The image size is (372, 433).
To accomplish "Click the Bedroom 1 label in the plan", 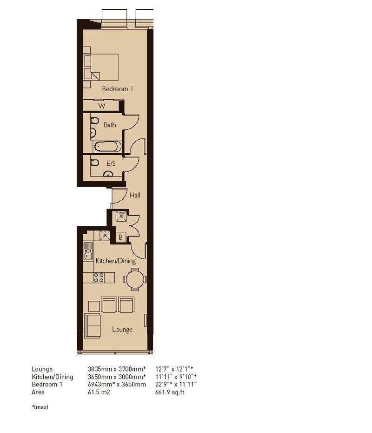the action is click(x=118, y=89).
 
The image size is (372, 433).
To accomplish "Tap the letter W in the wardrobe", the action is click(x=102, y=106).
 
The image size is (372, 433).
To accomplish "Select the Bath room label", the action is click(x=110, y=125).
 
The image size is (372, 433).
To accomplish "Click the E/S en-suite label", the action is click(x=111, y=164).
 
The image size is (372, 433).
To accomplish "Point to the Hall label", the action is click(x=135, y=195).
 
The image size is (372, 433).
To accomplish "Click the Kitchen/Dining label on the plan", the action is click(x=115, y=261).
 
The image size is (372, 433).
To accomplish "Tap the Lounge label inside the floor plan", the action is click(x=122, y=330).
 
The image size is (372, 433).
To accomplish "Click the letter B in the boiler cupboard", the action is click(x=120, y=237).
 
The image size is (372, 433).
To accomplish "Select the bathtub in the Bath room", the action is click(x=108, y=146).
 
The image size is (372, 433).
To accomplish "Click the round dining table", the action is click(x=135, y=279).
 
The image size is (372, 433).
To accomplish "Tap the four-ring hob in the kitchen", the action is click(x=99, y=277).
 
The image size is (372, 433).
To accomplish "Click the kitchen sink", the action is click(x=88, y=251).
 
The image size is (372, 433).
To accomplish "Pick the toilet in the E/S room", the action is click(x=94, y=162).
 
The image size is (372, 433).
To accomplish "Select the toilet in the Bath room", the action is click(x=94, y=121).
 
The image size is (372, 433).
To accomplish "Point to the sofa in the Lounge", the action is click(x=93, y=326).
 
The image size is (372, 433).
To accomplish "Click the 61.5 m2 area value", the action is click(x=99, y=392).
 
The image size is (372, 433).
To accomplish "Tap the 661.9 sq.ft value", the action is click(x=170, y=392).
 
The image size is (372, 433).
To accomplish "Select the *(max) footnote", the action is click(x=40, y=407).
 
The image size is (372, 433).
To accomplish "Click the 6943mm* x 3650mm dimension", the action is click(x=117, y=385).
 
